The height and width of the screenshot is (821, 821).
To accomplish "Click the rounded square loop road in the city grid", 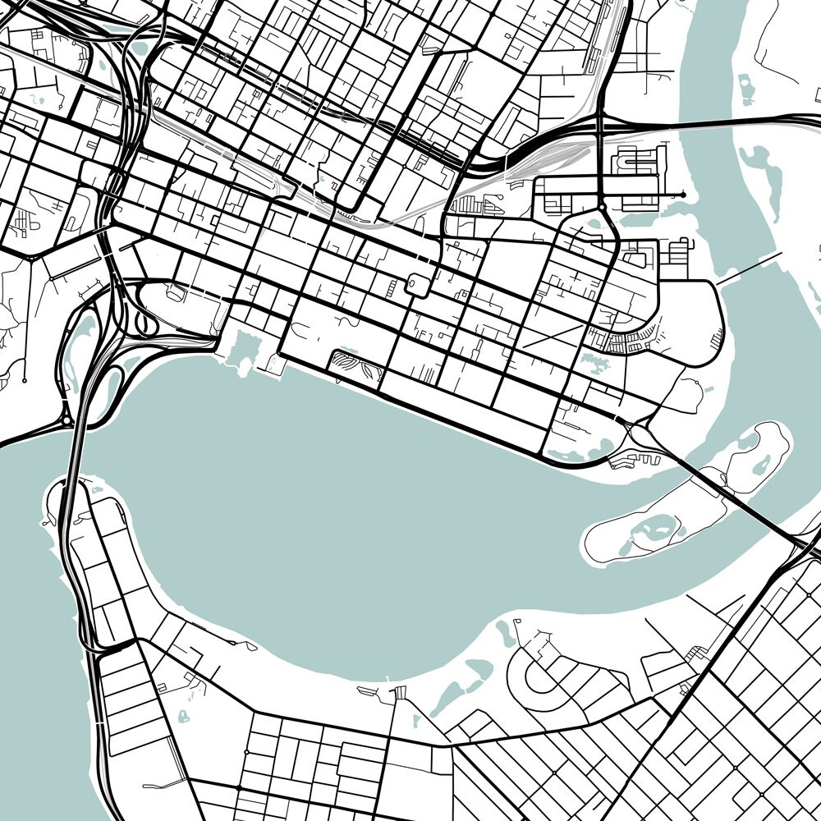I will pos(416,285).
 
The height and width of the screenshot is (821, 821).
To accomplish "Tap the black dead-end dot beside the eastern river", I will pos(683,195).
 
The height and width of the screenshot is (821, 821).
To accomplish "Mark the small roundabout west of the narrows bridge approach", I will pos(66,420).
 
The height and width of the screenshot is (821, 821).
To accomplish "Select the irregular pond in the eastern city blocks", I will pos(592,359).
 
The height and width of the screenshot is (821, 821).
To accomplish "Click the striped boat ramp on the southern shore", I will pos(401,694).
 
